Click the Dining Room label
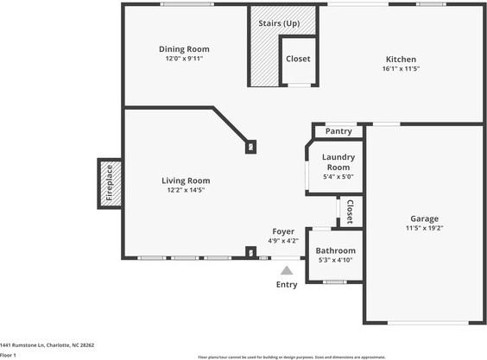184,49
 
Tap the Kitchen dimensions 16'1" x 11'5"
401,70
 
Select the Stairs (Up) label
279,22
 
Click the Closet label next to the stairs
298,59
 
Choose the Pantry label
338,131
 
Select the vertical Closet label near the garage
350,212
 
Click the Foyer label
284,231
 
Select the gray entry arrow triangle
287,270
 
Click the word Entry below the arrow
287,284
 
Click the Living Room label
186,180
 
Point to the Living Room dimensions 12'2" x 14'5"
186,190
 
